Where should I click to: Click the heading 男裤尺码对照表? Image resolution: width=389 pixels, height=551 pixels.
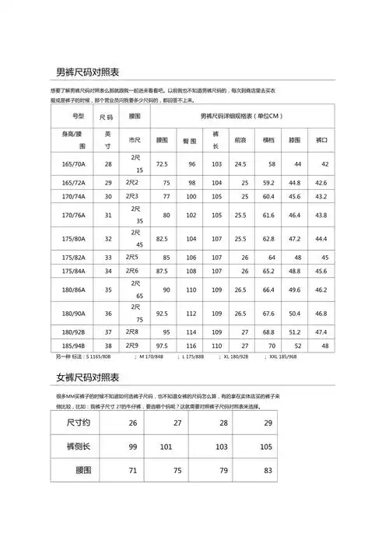[x=88, y=72]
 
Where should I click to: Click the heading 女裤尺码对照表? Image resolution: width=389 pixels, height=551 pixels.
[x=88, y=377]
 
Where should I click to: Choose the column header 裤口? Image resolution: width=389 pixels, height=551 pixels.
[x=321, y=140]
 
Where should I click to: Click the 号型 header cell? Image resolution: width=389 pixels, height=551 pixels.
[x=79, y=116]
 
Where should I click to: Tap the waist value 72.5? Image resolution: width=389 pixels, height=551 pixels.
[x=163, y=164]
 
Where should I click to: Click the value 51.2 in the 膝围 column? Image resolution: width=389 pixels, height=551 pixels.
[x=295, y=332]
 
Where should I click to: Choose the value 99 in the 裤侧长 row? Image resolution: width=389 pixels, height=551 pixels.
[x=133, y=447]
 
